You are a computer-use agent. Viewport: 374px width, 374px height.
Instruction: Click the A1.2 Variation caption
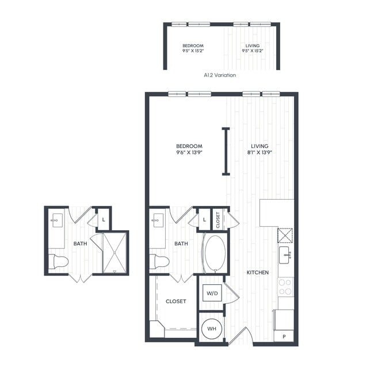(220, 75)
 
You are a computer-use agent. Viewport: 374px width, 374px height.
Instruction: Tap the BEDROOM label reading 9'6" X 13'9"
(189, 150)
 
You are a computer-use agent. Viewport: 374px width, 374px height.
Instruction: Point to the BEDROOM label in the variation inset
(193, 48)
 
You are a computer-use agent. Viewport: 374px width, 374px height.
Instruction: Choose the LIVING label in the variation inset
(252, 48)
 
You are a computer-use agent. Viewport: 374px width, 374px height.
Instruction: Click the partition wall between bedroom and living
(226, 151)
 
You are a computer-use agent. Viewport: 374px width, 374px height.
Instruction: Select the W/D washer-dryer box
(212, 293)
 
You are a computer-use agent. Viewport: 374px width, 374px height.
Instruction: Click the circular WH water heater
(212, 328)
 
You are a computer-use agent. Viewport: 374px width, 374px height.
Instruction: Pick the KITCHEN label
(257, 272)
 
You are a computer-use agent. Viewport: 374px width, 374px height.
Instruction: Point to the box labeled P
(284, 337)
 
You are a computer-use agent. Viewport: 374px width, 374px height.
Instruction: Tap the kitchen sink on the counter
(285, 255)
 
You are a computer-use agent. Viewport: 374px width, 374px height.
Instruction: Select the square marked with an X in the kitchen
(285, 236)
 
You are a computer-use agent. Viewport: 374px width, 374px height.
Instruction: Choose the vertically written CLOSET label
(218, 219)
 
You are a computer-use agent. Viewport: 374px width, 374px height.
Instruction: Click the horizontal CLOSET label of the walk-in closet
(175, 301)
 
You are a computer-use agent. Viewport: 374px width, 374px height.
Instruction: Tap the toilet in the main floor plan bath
(159, 262)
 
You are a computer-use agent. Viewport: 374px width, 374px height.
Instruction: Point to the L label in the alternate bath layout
(104, 219)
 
